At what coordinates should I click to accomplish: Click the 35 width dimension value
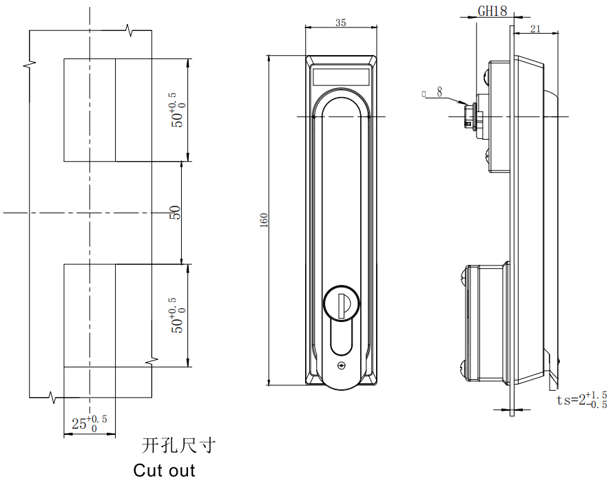click(340, 22)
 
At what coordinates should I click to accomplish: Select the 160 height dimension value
click(263, 220)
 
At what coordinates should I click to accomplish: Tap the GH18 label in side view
click(492, 11)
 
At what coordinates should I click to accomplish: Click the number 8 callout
click(439, 91)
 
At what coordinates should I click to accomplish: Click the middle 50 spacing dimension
click(175, 213)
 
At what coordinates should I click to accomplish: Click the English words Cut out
click(164, 471)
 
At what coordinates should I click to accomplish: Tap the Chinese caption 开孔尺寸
click(178, 446)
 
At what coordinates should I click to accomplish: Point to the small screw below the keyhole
click(341, 366)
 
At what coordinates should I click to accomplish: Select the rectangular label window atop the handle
click(341, 76)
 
